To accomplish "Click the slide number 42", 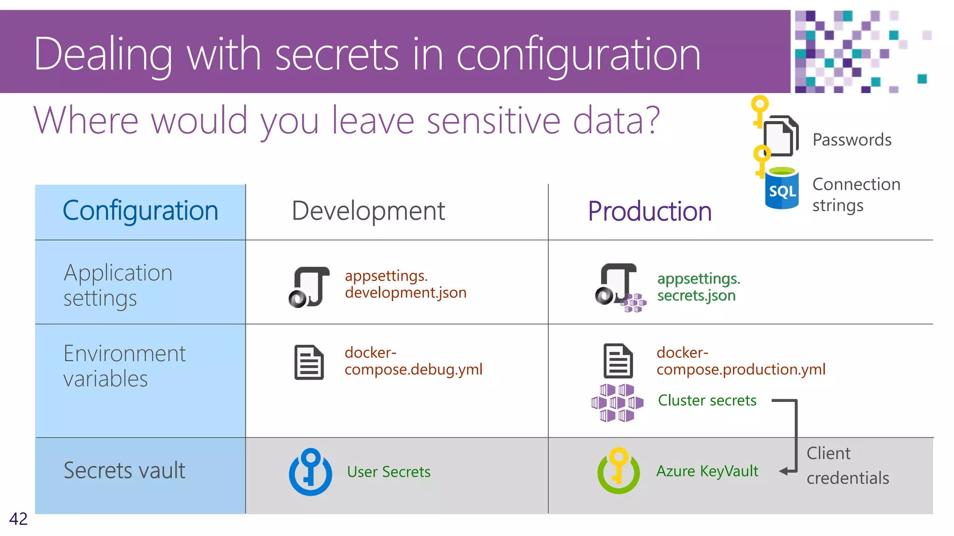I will (x=18, y=519).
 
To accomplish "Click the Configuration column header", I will (x=140, y=211).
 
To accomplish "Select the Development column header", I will (x=368, y=211).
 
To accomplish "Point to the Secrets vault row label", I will (x=124, y=470).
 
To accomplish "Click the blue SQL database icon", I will (x=782, y=189).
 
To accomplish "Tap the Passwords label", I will (x=852, y=140).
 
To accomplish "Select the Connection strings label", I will (x=856, y=194).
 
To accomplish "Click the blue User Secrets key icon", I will (x=310, y=472).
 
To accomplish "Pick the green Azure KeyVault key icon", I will (x=619, y=471).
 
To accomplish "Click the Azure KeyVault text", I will (x=707, y=471).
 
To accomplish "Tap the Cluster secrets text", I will (x=707, y=400).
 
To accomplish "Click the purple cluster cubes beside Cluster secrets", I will (x=617, y=402).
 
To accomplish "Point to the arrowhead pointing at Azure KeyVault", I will (x=784, y=471).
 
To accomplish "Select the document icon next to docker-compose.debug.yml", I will (x=309, y=362).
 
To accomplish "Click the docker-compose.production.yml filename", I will (x=741, y=361).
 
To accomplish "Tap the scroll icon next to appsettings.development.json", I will (x=309, y=287).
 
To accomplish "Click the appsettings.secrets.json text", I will (x=698, y=287).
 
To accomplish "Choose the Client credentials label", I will (x=847, y=465).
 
